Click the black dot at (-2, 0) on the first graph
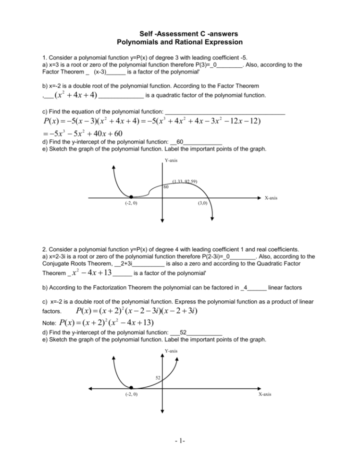pos(131,197)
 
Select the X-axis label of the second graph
pos(264,394)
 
